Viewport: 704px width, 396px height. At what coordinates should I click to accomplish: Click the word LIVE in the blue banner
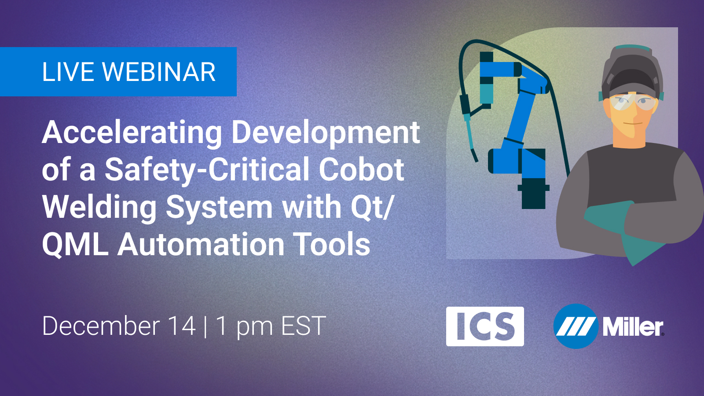coord(68,72)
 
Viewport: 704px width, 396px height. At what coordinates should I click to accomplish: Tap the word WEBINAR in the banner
coord(159,72)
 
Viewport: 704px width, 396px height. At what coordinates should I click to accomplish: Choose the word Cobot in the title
coord(361,170)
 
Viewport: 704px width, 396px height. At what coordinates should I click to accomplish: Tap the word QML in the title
coord(75,245)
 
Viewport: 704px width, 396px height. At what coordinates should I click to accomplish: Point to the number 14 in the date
coord(182,326)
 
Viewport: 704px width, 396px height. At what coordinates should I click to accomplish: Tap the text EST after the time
coord(303,326)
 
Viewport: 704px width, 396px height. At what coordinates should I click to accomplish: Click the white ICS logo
coord(485,326)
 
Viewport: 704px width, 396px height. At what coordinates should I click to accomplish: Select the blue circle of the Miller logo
coord(576,326)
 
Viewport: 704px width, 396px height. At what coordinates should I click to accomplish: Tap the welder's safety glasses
coord(631,103)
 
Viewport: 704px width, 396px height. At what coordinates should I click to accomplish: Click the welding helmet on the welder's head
coord(632,72)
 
